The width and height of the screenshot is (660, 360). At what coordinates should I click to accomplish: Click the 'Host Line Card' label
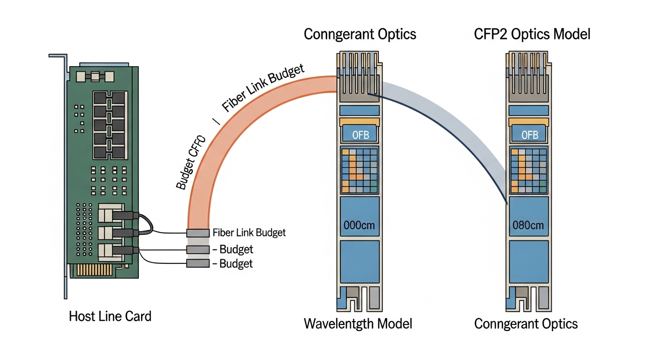pyautogui.click(x=110, y=316)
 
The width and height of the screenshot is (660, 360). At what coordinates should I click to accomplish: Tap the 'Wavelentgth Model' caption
pyautogui.click(x=358, y=323)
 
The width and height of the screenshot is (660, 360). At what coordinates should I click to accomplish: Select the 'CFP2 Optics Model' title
pyautogui.click(x=532, y=34)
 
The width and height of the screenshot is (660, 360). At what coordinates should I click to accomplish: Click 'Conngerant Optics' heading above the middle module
pyautogui.click(x=360, y=34)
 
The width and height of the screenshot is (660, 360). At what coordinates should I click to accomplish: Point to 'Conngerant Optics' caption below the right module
pyautogui.click(x=526, y=323)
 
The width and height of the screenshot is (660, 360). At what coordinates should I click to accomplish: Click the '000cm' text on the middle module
pyautogui.click(x=359, y=225)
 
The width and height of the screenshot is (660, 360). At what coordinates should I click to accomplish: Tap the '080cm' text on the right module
pyautogui.click(x=528, y=225)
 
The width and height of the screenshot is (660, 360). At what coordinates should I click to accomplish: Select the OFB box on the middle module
pyautogui.click(x=359, y=135)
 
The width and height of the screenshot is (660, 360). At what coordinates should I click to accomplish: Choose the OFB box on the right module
pyautogui.click(x=529, y=135)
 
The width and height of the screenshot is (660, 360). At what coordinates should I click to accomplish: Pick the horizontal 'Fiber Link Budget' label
pyautogui.click(x=249, y=232)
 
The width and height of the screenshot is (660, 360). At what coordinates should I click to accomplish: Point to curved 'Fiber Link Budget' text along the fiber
pyautogui.click(x=262, y=88)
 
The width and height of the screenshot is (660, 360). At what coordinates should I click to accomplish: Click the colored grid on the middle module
pyautogui.click(x=359, y=170)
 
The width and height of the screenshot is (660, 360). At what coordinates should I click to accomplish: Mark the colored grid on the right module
pyautogui.click(x=528, y=170)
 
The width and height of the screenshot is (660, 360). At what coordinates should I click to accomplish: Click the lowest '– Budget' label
pyautogui.click(x=232, y=263)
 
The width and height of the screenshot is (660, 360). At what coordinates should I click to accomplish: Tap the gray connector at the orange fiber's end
pyautogui.click(x=197, y=233)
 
